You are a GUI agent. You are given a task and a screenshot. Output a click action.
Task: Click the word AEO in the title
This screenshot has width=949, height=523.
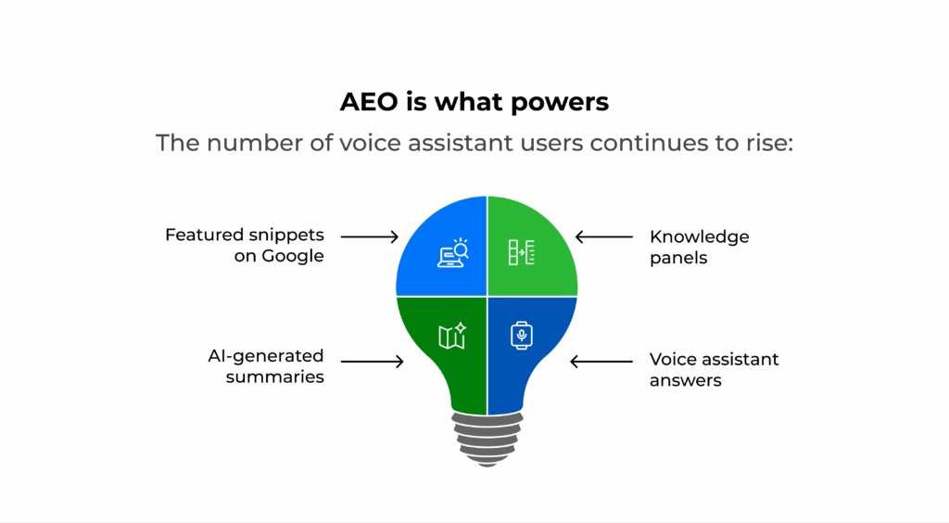(x=370, y=102)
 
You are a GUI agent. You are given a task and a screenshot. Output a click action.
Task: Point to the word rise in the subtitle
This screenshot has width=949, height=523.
(x=766, y=143)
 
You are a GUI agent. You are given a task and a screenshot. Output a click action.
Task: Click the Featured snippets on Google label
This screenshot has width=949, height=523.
(x=245, y=245)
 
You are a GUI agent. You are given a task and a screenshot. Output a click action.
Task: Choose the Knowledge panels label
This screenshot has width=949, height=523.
(x=699, y=247)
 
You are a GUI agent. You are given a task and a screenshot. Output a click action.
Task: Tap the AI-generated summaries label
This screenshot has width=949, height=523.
(x=266, y=365)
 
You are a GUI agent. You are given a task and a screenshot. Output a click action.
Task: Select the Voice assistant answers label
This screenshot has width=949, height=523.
(x=715, y=369)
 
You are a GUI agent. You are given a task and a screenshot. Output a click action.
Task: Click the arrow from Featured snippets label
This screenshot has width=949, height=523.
(x=369, y=236)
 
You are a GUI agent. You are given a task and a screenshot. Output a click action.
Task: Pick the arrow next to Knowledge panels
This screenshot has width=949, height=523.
(x=604, y=236)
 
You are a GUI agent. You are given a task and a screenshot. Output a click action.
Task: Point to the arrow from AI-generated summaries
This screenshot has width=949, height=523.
(x=373, y=362)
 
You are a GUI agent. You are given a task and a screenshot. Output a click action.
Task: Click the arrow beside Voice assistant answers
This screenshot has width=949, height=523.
(x=601, y=362)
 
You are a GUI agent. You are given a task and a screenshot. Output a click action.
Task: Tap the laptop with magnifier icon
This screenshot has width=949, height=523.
(x=452, y=252)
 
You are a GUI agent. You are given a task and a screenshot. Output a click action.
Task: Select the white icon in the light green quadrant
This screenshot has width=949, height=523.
(x=521, y=252)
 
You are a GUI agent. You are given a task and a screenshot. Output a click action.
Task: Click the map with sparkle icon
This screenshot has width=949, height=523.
(x=452, y=336)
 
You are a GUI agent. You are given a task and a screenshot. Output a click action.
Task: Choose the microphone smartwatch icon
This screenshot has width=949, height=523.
(x=521, y=336)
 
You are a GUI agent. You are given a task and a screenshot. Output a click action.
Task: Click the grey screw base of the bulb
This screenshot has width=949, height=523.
(x=487, y=440)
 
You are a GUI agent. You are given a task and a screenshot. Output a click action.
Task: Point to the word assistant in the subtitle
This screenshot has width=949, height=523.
(x=461, y=143)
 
